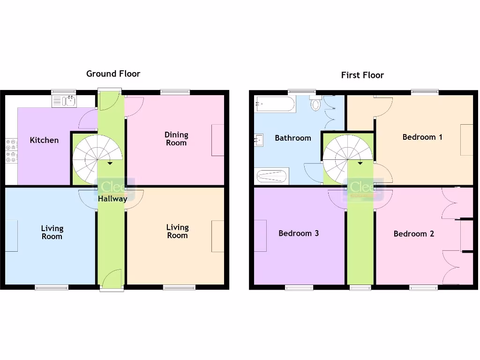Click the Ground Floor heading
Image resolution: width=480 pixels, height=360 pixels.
click(113, 74)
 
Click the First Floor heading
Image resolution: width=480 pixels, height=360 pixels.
click(362, 75)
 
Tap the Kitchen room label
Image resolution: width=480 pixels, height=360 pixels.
click(44, 140)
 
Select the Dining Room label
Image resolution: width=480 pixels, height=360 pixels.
click(176, 139)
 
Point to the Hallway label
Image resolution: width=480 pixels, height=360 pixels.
click(112, 199)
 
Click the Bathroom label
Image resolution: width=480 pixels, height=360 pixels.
click(292, 138)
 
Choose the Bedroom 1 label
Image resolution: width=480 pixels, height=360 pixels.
click(422, 137)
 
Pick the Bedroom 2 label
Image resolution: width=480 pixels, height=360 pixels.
click(413, 234)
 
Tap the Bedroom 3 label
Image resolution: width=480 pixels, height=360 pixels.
click(299, 233)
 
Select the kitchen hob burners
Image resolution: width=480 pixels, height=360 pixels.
click(11, 151)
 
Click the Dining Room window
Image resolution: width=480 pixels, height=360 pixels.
click(175, 92)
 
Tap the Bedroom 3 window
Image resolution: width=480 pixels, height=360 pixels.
click(299, 287)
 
